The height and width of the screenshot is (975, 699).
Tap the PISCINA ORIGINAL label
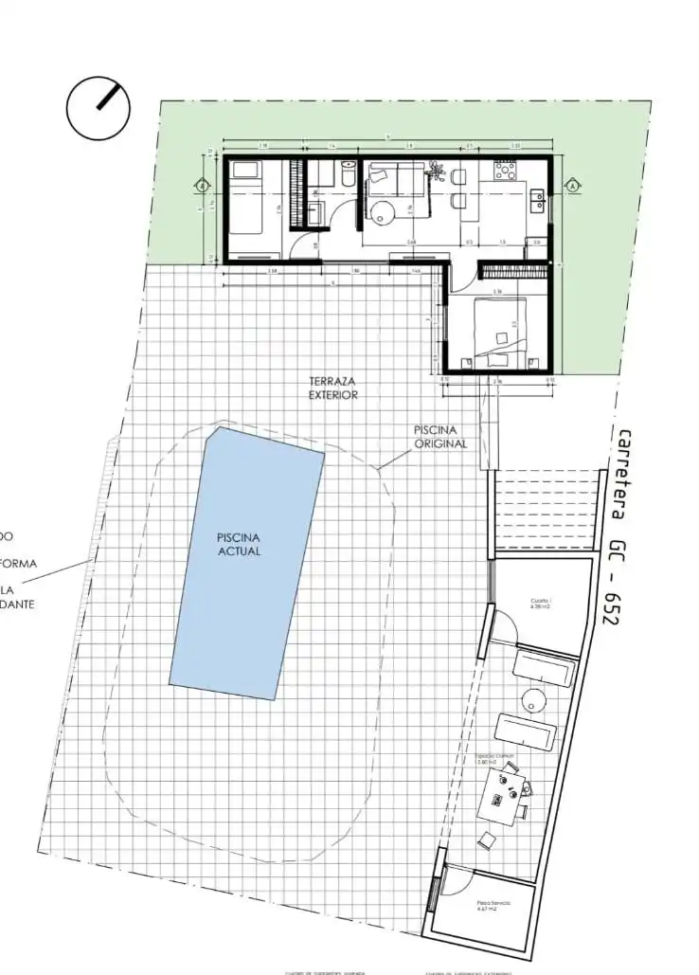coord(440,437)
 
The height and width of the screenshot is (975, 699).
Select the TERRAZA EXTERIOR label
coord(333,388)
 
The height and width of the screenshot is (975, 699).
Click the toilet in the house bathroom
coord(347,172)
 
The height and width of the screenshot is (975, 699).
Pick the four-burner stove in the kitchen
coord(502,172)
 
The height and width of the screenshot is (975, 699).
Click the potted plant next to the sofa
coord(436,171)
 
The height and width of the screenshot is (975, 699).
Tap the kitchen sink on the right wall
coord(540,199)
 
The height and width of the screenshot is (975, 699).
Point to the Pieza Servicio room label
coord(493,906)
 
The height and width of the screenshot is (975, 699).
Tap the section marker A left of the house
coord(201,186)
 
